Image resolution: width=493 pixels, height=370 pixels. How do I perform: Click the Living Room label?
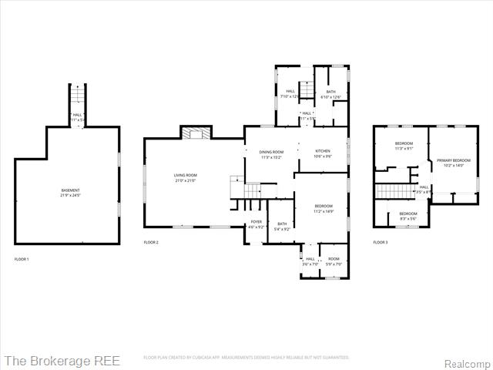click(x=185, y=176)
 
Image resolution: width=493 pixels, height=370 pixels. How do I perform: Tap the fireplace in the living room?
click(x=196, y=133)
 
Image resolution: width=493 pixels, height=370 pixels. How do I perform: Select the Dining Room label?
click(x=271, y=153)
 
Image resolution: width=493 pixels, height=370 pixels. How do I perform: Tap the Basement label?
click(x=70, y=190)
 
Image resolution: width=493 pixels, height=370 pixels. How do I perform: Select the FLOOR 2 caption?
click(x=151, y=243)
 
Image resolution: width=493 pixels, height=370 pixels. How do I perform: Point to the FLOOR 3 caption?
click(x=381, y=243)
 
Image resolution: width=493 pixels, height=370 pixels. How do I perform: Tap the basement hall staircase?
click(x=76, y=97)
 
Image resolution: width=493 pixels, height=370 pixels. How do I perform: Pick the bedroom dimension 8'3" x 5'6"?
click(x=407, y=219)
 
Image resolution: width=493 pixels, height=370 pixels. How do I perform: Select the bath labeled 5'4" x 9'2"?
click(x=282, y=229)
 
